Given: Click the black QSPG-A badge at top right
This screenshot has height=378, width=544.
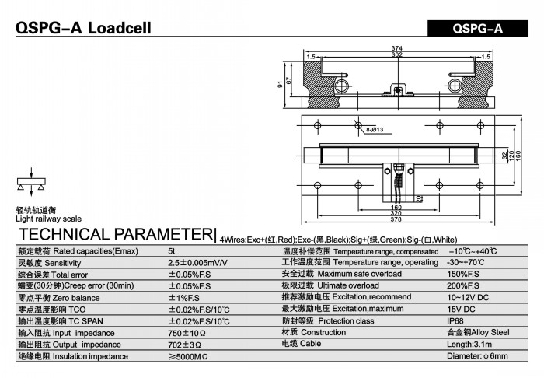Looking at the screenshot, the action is point(478,28).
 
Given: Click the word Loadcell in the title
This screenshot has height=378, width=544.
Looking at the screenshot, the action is point(120,28).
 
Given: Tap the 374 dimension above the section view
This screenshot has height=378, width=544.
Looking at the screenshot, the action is point(396,48).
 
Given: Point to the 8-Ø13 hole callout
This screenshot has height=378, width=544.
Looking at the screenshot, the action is point(375,130).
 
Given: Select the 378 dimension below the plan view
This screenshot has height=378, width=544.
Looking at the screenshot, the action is point(396,219).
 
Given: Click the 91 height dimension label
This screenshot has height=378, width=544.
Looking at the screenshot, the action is point(281,84).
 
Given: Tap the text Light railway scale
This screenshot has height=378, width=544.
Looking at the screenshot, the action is point(48,219).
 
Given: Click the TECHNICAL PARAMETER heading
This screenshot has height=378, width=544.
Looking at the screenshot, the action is point(116,234).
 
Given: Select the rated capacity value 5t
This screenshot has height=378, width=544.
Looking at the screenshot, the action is point(172,251).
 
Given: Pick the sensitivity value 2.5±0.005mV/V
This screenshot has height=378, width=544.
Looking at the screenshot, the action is point(197,263).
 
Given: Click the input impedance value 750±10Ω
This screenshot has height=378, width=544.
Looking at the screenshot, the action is point(187,333).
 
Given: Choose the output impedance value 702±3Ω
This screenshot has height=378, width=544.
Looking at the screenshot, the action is point(185,345).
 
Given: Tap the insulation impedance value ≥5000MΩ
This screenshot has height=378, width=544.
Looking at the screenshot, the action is point(188,357).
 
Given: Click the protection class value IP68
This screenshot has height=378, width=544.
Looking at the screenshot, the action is point(455,321).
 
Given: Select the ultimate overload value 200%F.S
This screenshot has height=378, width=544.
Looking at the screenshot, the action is point(463,286).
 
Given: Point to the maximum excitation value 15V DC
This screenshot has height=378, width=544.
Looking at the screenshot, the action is point(461,310).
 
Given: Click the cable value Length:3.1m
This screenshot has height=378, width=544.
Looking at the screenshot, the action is point(469,345).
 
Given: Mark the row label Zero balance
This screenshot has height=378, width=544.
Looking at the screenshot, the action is point(76,298).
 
